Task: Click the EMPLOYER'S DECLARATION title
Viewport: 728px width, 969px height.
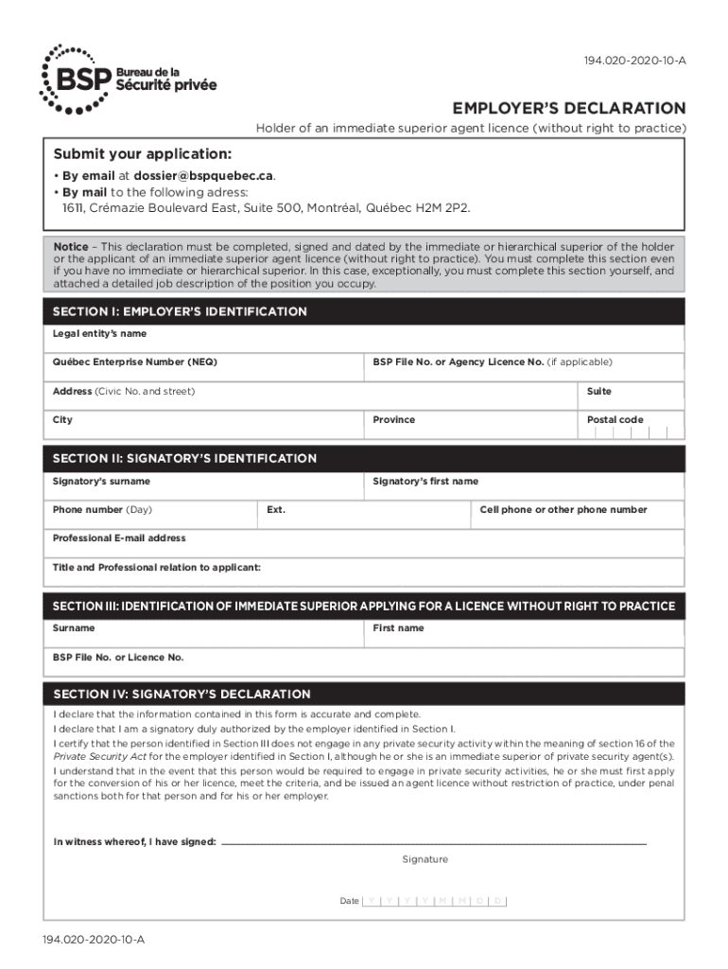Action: click(x=569, y=108)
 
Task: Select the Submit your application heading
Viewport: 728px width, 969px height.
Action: click(x=142, y=153)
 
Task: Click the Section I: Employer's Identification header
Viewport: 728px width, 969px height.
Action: click(x=180, y=311)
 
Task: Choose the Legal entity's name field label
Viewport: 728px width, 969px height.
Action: click(x=99, y=334)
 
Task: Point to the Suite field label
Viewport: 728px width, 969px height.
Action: click(x=598, y=391)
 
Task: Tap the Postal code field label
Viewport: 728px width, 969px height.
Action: click(x=615, y=419)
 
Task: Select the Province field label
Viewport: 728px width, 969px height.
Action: click(x=393, y=419)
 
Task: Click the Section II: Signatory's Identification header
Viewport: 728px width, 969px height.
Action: click(x=184, y=458)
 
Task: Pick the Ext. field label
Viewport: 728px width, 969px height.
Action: click(x=276, y=509)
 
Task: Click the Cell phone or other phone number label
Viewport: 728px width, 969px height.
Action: click(x=563, y=509)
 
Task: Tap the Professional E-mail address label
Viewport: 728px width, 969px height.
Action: click(x=119, y=537)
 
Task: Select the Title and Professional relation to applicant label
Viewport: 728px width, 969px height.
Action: click(x=157, y=568)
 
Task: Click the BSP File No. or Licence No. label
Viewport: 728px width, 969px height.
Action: click(x=118, y=657)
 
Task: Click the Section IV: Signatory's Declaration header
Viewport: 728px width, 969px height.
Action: click(x=182, y=694)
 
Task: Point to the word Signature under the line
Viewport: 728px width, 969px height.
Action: click(x=425, y=859)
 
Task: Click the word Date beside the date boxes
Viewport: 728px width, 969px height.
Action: click(x=349, y=901)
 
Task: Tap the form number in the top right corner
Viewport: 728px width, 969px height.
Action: click(x=634, y=62)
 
